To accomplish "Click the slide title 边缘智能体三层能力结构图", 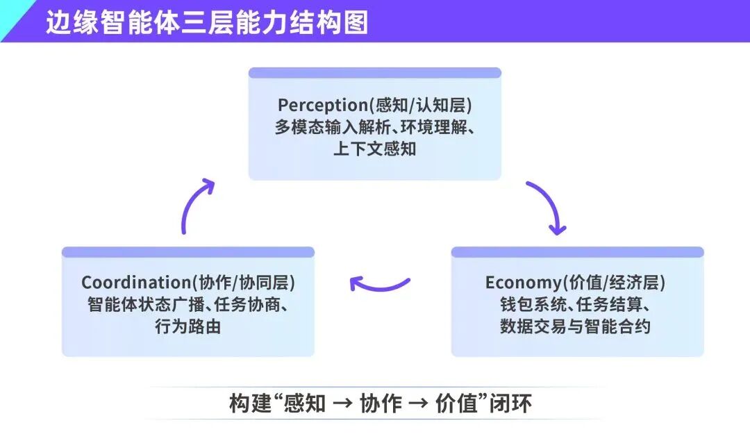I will [x=206, y=22].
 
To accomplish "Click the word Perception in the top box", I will [x=322, y=105].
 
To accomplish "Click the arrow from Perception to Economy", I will [x=548, y=207].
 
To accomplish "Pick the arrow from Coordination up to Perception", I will [x=196, y=205].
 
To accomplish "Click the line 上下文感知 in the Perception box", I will [x=375, y=149].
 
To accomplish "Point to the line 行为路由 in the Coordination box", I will [x=187, y=326].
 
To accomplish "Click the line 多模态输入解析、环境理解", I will [x=375, y=127].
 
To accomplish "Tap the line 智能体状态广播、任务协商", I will [x=187, y=305].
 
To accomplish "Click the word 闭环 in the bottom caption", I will [x=513, y=403].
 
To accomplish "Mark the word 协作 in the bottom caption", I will [x=381, y=403].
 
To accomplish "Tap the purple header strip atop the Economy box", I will [x=577, y=252].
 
